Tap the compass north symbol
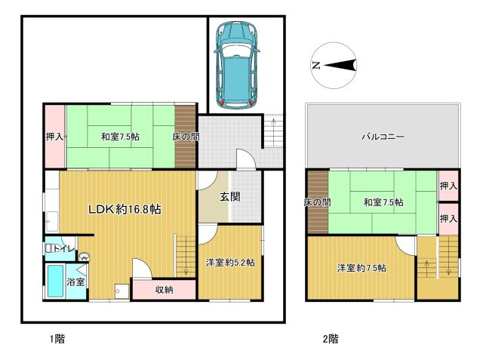[x=334, y=66]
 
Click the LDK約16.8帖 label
[x=125, y=209]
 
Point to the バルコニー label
[x=383, y=137]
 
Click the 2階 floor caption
[x=330, y=339]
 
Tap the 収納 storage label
[x=165, y=289]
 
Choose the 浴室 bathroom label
[x=75, y=282]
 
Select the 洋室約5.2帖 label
[x=230, y=263]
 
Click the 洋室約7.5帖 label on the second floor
[x=362, y=268]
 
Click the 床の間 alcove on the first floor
[x=185, y=137]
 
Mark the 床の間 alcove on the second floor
[x=317, y=202]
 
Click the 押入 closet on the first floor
[x=54, y=137]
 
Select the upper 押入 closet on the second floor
[x=449, y=185]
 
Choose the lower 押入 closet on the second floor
[x=449, y=218]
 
